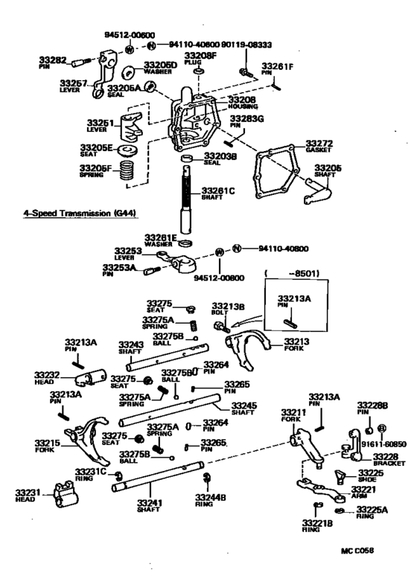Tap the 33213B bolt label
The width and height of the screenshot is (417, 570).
[x=223, y=305]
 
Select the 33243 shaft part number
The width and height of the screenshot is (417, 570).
[x=133, y=345]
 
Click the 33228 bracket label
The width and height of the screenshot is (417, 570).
[x=386, y=455]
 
